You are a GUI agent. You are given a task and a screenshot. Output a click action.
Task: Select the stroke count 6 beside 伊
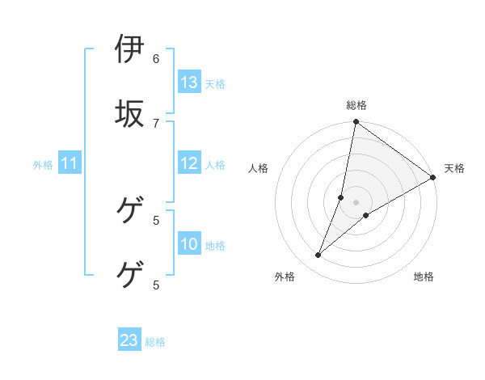tap(156, 58)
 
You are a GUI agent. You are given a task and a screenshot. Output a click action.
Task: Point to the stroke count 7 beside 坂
tap(156, 122)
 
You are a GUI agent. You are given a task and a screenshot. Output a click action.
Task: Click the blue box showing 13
tap(189, 82)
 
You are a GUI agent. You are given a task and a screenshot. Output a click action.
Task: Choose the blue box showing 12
tap(189, 163)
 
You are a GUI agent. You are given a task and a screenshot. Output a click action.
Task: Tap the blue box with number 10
tap(189, 244)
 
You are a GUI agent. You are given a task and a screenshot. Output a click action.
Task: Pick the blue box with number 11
tap(70, 164)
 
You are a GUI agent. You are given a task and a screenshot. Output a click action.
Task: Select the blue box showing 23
tap(129, 340)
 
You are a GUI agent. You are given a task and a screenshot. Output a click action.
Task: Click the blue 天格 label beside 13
tap(215, 83)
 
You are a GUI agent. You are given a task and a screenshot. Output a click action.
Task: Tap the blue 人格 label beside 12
tap(215, 164)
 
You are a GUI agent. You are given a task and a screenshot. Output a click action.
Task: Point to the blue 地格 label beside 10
tap(215, 245)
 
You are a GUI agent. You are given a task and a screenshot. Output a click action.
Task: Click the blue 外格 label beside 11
tap(43, 165)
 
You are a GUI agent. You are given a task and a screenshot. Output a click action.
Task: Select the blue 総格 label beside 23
tap(155, 341)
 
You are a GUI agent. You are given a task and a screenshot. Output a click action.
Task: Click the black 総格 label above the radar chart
tap(356, 105)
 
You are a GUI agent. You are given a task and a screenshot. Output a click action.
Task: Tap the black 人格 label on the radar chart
tap(259, 168)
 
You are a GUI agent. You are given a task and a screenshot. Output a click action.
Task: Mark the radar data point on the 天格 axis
tap(433, 178)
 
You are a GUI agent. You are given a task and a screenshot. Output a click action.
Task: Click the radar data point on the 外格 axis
tap(318, 255)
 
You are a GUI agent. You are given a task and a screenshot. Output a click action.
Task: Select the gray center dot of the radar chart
tap(356, 202)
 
